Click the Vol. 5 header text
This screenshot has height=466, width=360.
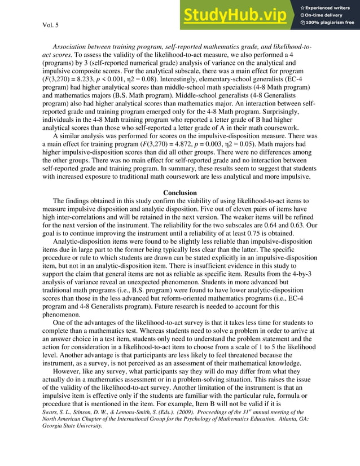click(52, 25)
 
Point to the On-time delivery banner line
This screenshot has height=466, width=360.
click(327, 14)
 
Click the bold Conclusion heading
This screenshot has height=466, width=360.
click(179, 193)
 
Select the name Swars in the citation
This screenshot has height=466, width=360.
click(51, 412)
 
